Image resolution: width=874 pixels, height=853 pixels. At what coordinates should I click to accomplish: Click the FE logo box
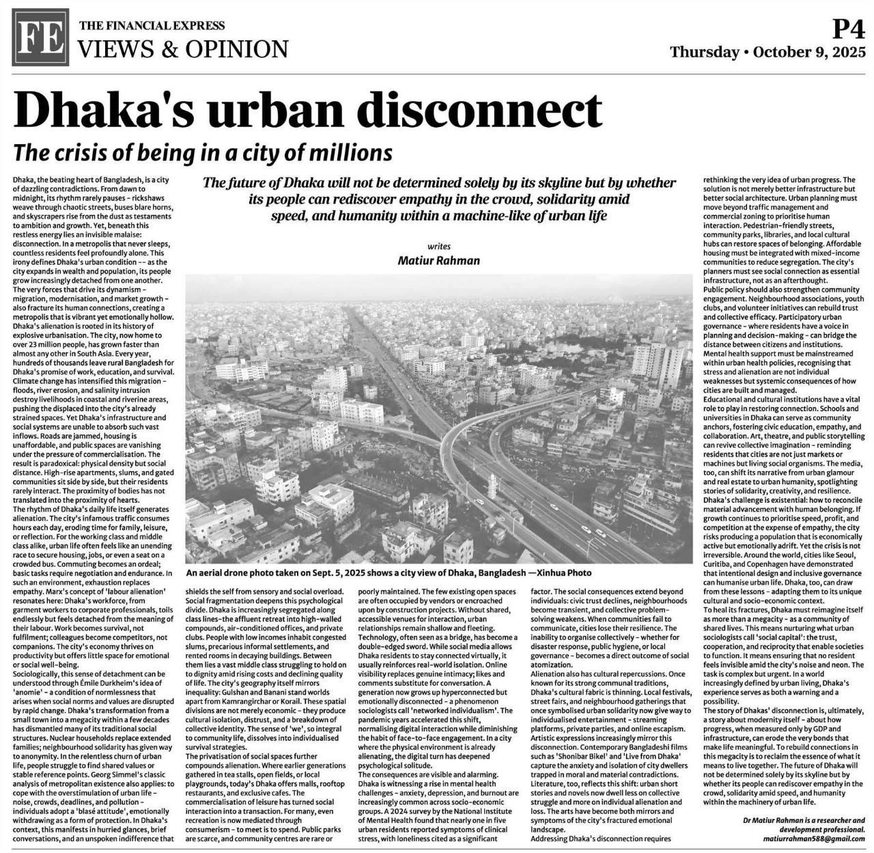tap(40, 41)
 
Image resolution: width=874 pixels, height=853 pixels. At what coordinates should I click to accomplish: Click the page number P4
tap(849, 30)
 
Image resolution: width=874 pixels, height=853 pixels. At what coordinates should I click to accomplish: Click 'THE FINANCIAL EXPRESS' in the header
tap(152, 27)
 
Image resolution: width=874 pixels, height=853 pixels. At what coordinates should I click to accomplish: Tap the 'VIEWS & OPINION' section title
tap(184, 50)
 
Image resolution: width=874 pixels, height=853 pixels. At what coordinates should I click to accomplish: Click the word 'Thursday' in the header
tap(704, 53)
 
